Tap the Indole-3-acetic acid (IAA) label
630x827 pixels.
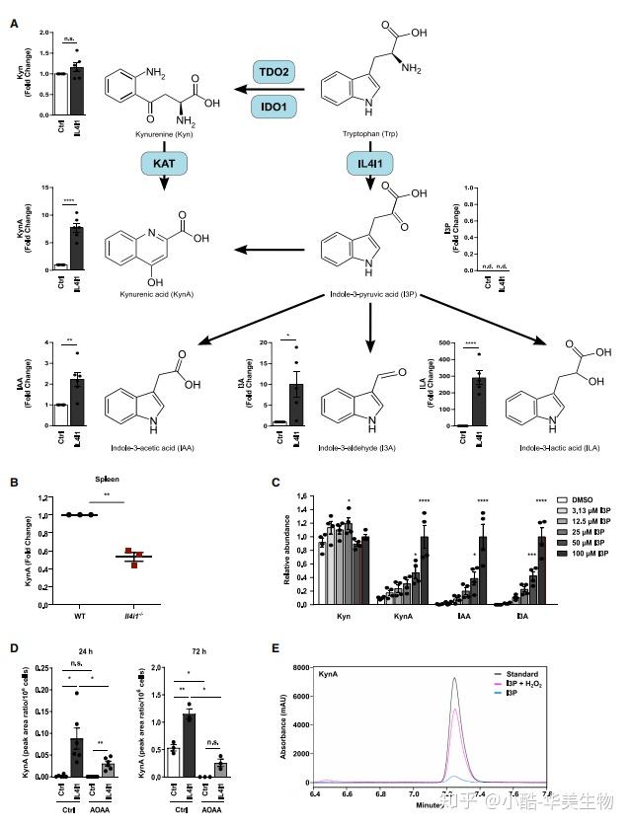pyautogui.click(x=159, y=447)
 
